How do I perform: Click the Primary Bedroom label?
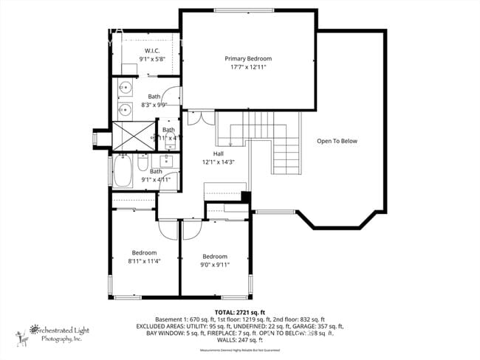point(248,58)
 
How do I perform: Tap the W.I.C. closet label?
point(153,50)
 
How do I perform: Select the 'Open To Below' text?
point(337,141)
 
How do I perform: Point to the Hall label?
point(219,153)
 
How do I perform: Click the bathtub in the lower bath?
point(123,171)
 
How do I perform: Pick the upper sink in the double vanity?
point(125,89)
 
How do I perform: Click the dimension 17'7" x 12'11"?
point(248,66)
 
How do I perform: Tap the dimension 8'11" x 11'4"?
point(144,260)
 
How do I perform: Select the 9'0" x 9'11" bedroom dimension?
point(215,265)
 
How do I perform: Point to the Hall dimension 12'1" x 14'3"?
point(218,162)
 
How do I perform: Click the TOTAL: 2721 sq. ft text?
point(239,312)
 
